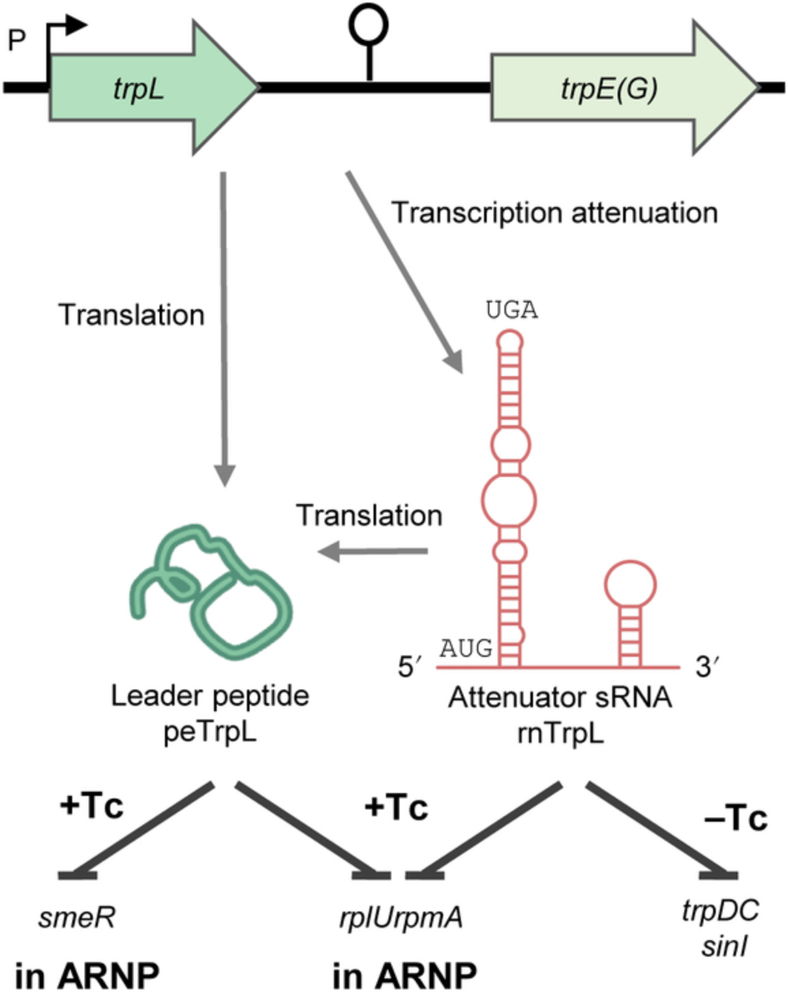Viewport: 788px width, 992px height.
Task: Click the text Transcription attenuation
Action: (554, 213)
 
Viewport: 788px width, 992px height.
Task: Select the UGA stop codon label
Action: (511, 311)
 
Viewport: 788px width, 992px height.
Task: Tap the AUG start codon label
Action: (466, 648)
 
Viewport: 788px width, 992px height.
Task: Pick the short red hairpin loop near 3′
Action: (631, 584)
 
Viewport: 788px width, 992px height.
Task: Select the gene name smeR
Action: (76, 918)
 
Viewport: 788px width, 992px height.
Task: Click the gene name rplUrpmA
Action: (401, 918)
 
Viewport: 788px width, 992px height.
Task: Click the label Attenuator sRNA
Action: (560, 698)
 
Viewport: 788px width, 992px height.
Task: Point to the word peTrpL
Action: (210, 733)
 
